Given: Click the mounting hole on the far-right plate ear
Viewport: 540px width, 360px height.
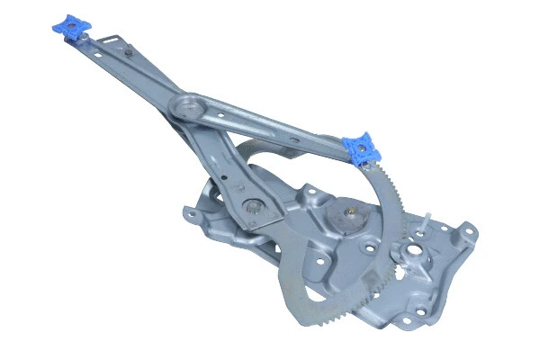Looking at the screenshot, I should (467, 234).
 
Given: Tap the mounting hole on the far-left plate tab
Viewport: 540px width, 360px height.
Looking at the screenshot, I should (189, 214).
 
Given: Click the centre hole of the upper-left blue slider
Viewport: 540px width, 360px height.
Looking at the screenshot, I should (68, 29).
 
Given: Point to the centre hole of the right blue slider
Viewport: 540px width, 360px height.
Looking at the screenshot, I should (363, 147).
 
